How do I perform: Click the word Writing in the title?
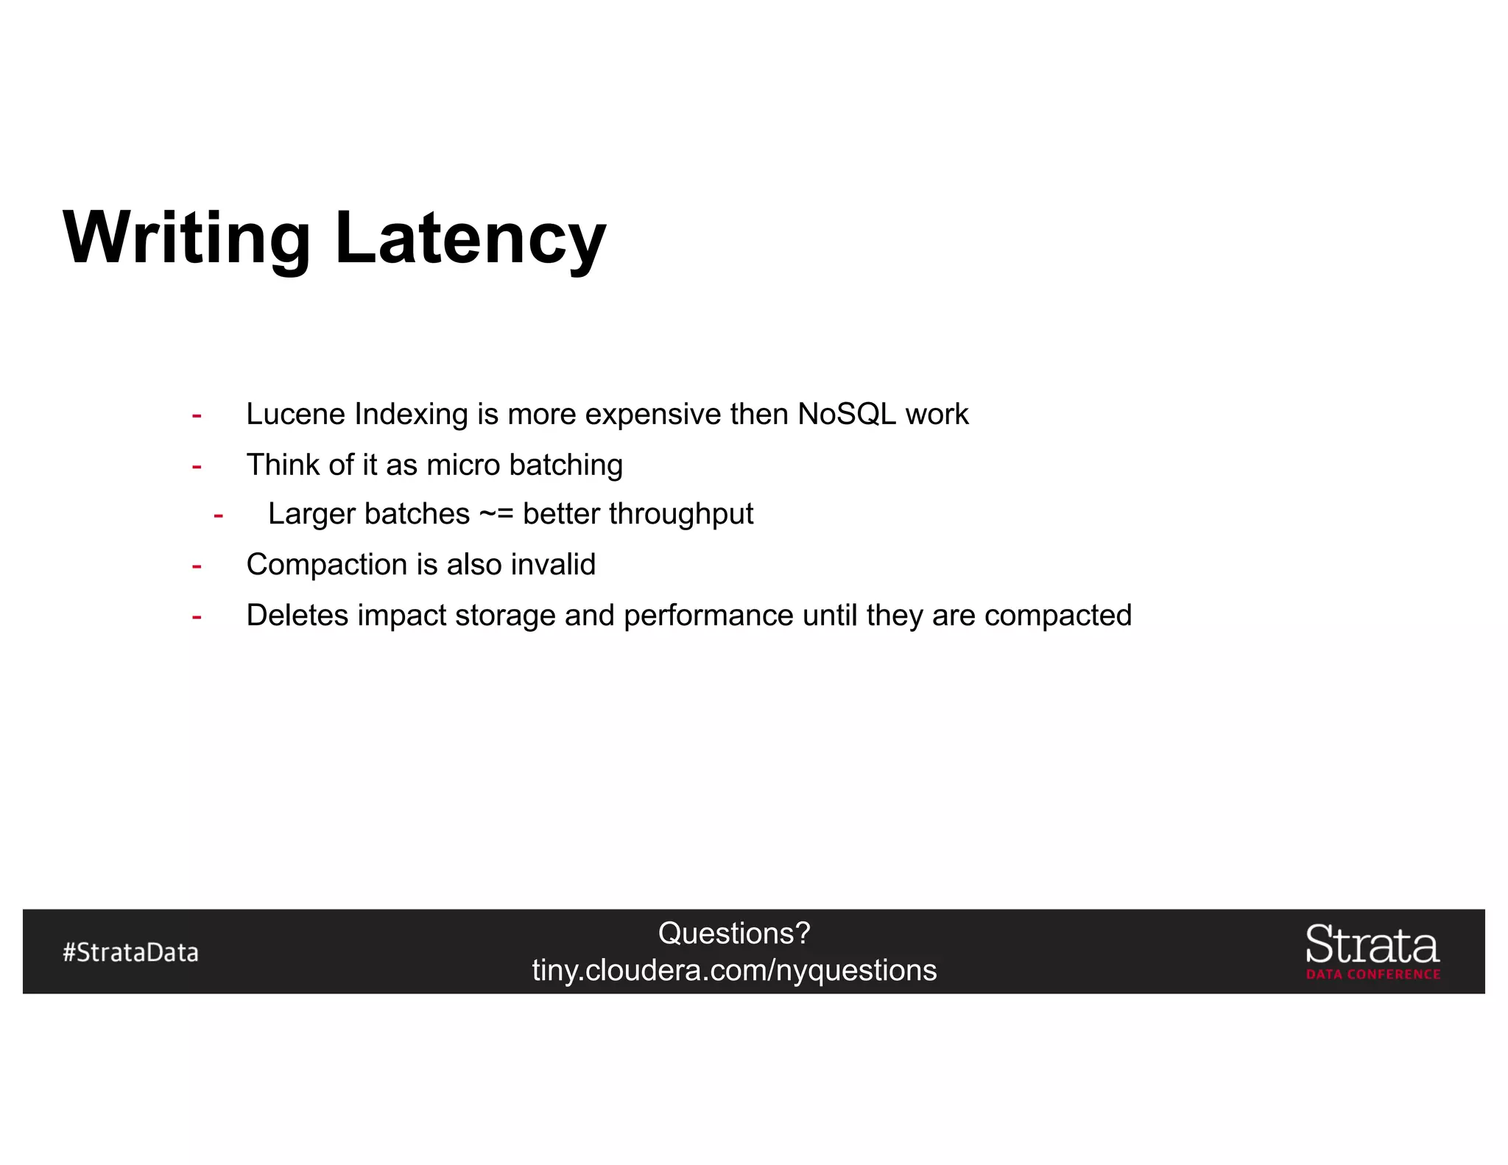point(187,239)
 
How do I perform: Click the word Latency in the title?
point(470,239)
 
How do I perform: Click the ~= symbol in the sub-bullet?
point(496,514)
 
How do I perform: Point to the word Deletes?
point(297,616)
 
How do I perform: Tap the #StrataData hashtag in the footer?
point(131,952)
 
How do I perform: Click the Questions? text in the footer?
point(734,934)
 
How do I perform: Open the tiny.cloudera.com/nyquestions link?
point(734,971)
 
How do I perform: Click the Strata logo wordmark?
point(1373,945)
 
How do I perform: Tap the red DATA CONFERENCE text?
point(1373,974)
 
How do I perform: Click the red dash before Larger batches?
point(218,515)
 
